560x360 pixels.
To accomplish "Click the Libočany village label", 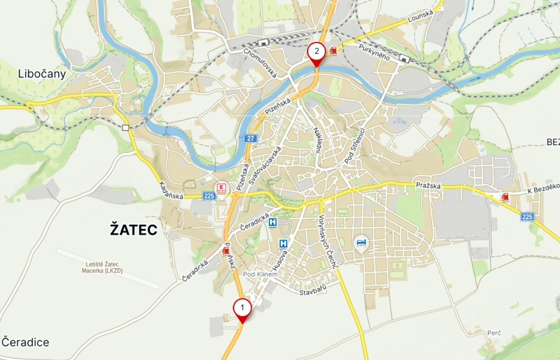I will tap(42, 74).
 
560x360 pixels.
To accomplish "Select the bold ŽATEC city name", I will tap(133, 230).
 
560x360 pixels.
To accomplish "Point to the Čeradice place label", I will tap(25, 342).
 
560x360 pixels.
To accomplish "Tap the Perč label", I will tap(493, 333).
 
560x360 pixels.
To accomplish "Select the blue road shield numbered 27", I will tap(251, 139).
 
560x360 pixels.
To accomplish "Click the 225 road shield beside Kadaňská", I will tap(209, 196).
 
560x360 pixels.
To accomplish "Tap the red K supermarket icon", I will tap(221, 187).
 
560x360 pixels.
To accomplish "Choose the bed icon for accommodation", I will tap(362, 242).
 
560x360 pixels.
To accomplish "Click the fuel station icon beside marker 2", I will tap(334, 50).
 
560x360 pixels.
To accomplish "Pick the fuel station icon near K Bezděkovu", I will tap(505, 197).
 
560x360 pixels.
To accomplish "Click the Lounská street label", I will tap(420, 17).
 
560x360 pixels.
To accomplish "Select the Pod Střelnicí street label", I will tap(354, 145).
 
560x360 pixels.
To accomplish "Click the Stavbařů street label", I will tap(313, 292).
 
